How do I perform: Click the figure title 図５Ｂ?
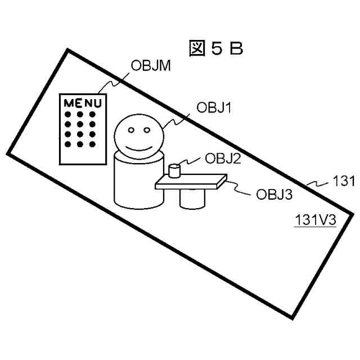[216, 49]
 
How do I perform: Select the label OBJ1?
[214, 107]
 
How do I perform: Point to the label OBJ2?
[223, 159]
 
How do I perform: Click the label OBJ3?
[274, 195]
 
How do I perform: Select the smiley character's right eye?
[147, 130]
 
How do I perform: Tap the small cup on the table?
[175, 169]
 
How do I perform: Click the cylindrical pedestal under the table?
[192, 198]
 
